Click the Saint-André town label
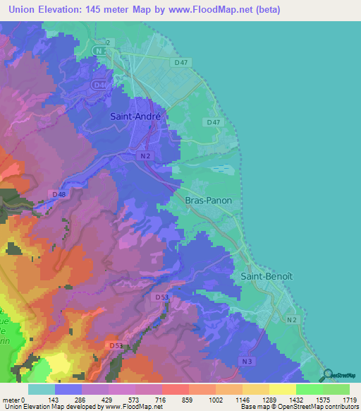tap(135, 117)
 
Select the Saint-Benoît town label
tap(264, 276)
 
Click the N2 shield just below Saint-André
tap(145, 155)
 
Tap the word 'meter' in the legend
tap(11, 399)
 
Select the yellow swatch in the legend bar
tap(282, 389)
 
